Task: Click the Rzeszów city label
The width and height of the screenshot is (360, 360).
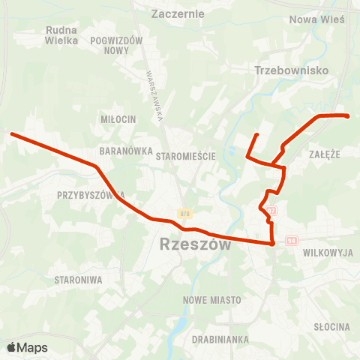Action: pyautogui.click(x=190, y=244)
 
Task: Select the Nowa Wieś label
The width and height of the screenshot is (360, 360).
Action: pyautogui.click(x=316, y=19)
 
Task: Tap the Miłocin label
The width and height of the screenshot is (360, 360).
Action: pyautogui.click(x=118, y=119)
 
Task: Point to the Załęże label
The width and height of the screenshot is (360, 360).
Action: pyautogui.click(x=325, y=153)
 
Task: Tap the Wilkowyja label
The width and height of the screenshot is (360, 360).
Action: pyautogui.click(x=328, y=253)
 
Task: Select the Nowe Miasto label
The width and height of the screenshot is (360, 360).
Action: pyautogui.click(x=212, y=299)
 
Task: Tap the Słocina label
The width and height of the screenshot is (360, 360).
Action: pyautogui.click(x=332, y=326)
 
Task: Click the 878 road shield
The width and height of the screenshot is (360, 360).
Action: pyautogui.click(x=185, y=214)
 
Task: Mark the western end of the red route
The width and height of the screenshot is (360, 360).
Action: pyautogui.click(x=13, y=134)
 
